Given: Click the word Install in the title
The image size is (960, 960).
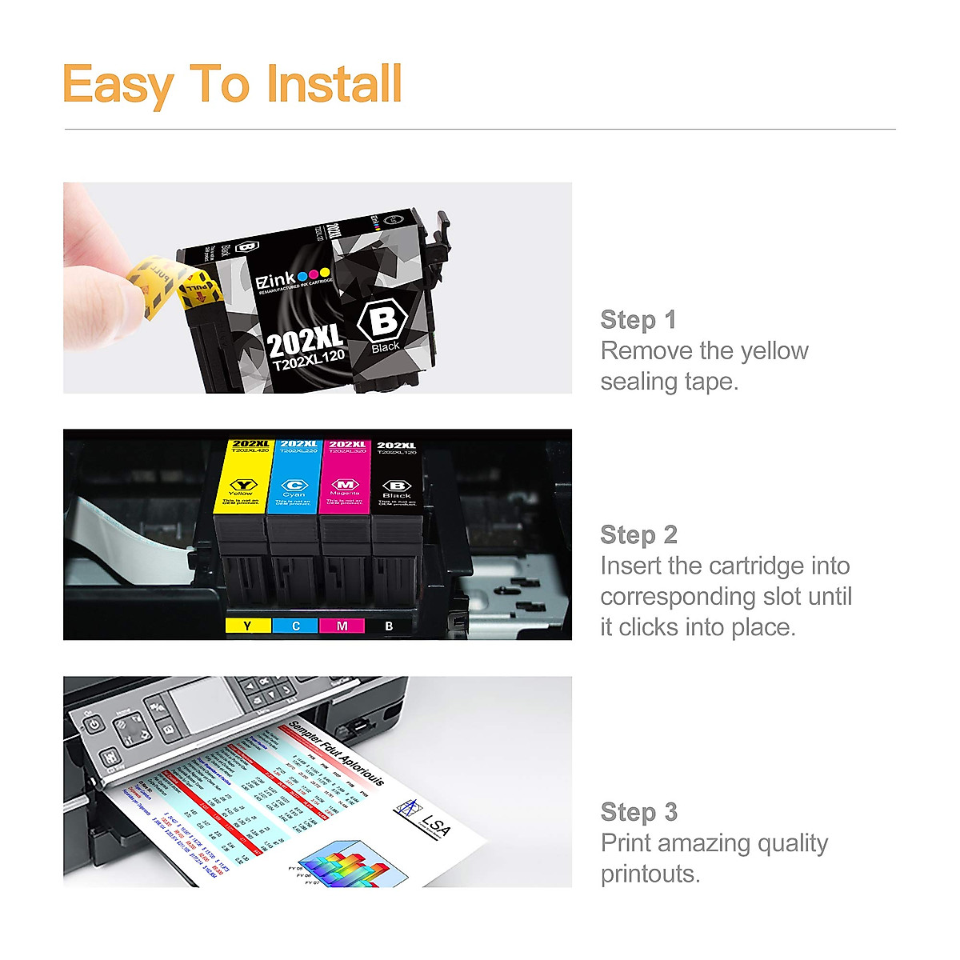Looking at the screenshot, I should coord(334,84).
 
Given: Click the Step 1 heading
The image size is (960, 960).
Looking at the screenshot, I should coord(638,320).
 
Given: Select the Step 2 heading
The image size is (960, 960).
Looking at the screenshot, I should coord(638,534).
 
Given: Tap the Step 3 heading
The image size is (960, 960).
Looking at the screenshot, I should coord(638,812).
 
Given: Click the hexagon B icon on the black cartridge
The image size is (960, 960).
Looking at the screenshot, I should coord(383,321).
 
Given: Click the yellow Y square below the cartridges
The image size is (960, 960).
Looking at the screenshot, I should coord(247,626).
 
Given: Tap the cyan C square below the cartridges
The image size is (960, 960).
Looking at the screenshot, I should coord(295,626).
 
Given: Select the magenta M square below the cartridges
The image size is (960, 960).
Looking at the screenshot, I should coord(342,626).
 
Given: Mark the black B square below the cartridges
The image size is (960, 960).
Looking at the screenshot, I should coord(389,626).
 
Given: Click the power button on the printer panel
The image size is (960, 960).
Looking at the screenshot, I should coord(94,725).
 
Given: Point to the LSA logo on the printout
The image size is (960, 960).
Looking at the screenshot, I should coord(426,818).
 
